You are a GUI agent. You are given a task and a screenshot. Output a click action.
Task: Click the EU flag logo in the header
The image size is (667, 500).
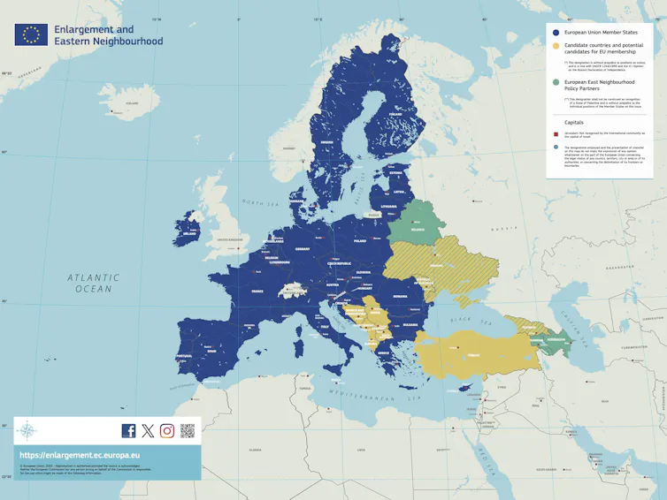(31, 34)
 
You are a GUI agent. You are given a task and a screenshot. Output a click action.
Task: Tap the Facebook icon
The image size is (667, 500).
(128, 431)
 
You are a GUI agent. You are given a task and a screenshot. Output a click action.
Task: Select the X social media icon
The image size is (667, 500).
(148, 431)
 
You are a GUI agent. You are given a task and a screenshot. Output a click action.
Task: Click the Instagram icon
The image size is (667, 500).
(167, 431)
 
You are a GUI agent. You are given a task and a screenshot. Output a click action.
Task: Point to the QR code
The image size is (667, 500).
(188, 431)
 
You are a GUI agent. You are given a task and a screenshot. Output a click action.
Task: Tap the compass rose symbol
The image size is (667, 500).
(27, 431)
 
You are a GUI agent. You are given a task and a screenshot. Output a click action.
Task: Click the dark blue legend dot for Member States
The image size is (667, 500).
(556, 31)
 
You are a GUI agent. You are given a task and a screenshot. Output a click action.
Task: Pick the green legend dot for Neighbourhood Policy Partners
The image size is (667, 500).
(556, 82)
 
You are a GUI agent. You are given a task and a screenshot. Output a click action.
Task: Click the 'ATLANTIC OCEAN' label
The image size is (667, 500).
(93, 283)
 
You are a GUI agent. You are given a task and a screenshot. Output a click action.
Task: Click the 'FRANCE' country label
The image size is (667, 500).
(257, 291)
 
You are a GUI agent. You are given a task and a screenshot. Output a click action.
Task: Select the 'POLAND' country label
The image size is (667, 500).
(359, 240)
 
